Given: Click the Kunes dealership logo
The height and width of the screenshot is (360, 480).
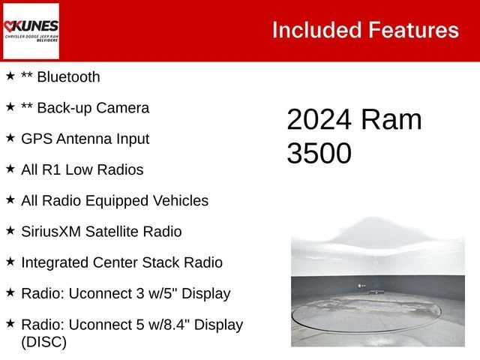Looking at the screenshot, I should pos(31,31).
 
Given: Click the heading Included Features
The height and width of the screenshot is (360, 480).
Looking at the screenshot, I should pos(364,30).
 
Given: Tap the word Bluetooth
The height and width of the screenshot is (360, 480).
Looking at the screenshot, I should pos(68,76).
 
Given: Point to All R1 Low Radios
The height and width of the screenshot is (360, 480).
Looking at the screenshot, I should pos(82,169).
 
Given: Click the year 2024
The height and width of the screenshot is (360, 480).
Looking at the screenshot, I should pos(319,120).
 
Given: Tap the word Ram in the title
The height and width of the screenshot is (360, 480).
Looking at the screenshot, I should pos(391,120).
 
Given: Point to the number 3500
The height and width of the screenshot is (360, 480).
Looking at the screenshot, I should pos(319,153).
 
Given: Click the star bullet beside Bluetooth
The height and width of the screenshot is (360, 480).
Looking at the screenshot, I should pos(10,76).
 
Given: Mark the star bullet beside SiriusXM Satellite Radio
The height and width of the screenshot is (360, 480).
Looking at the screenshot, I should pos(10,230).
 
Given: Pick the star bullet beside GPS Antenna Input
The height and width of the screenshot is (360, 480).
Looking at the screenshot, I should pos(10,137).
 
